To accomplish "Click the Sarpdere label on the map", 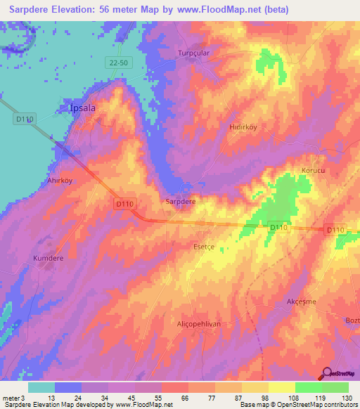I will pyautogui.click(x=180, y=201).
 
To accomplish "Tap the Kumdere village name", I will pyautogui.click(x=49, y=258).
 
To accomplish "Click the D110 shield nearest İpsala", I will pyautogui.click(x=25, y=119).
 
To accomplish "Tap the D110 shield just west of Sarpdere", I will pyautogui.click(x=124, y=203).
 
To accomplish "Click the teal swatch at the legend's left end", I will pyautogui.click(x=41, y=387).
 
